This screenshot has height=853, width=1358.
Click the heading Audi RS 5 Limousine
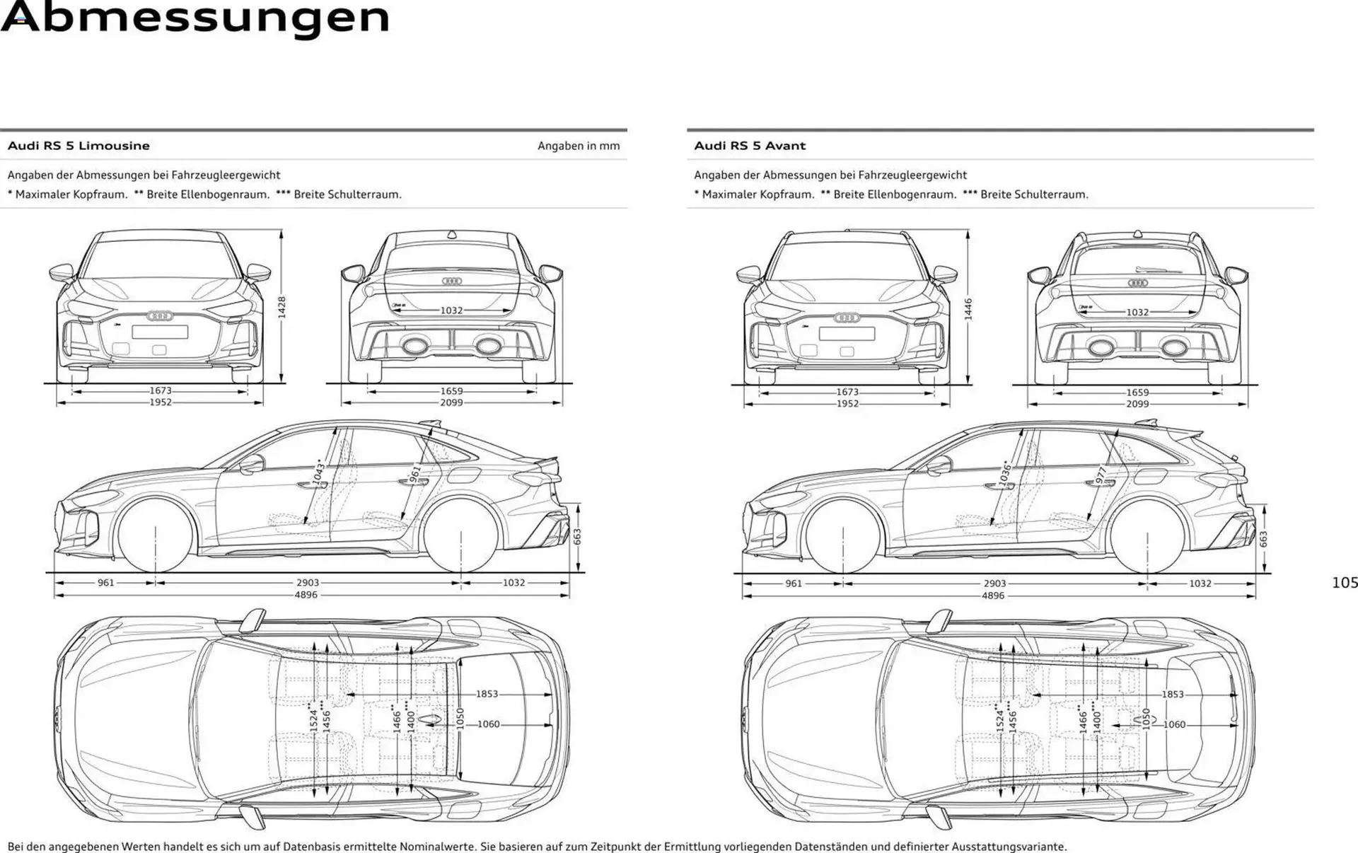click(x=79, y=146)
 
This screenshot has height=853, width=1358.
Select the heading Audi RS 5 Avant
click(x=750, y=146)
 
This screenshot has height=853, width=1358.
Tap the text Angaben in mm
click(x=578, y=146)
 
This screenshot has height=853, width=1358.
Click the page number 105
click(x=1344, y=583)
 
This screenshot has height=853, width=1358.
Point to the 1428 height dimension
click(x=282, y=307)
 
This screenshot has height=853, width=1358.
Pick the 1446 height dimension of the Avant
click(x=968, y=309)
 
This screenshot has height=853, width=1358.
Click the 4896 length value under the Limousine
click(x=306, y=595)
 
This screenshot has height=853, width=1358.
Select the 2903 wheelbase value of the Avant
click(x=994, y=584)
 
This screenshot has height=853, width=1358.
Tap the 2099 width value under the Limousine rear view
click(x=451, y=402)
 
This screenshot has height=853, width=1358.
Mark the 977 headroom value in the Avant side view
click(x=1101, y=475)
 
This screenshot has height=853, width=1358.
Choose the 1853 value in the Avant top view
click(x=1172, y=695)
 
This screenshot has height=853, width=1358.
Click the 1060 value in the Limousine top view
click(x=488, y=724)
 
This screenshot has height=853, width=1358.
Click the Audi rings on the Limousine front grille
click(x=160, y=316)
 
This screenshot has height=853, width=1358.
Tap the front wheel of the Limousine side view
click(x=156, y=534)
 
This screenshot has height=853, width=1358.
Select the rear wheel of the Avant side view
click(x=1147, y=535)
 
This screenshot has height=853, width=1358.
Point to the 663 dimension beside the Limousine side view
click(x=577, y=537)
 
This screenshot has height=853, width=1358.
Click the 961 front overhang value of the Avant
click(x=794, y=584)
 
